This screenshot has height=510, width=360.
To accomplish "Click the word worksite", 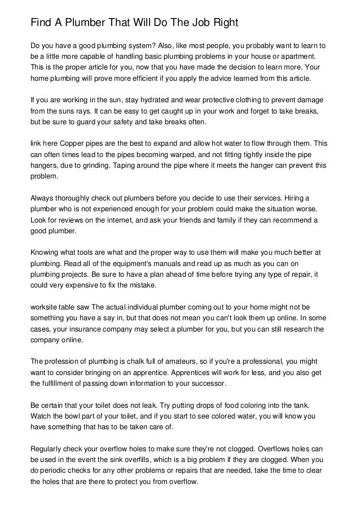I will pyautogui.click(x=44, y=306).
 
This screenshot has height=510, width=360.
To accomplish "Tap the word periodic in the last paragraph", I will pyautogui.click(x=58, y=469).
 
